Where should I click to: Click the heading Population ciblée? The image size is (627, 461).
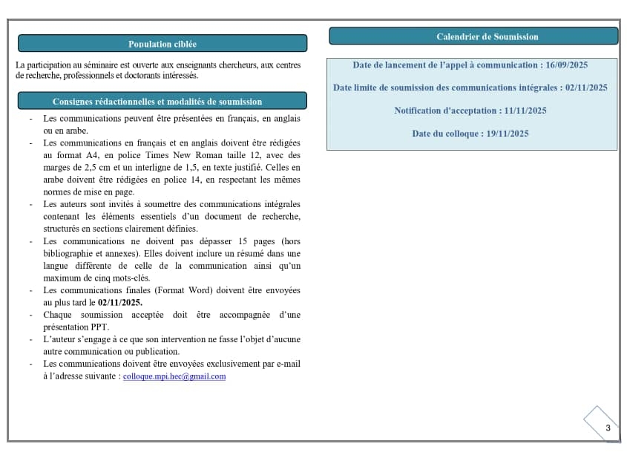tap(162, 44)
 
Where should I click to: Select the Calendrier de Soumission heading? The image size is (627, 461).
tap(488, 36)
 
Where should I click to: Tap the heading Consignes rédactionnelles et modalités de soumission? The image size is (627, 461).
tap(157, 102)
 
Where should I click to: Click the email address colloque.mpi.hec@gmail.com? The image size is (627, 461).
tap(174, 376)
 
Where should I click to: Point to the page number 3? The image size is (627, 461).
tap(608, 428)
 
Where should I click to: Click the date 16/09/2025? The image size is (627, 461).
tap(568, 65)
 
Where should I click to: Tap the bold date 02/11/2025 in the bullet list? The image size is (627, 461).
tap(120, 302)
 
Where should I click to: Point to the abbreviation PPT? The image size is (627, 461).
tap(101, 327)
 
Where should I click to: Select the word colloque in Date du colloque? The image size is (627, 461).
tap(462, 134)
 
